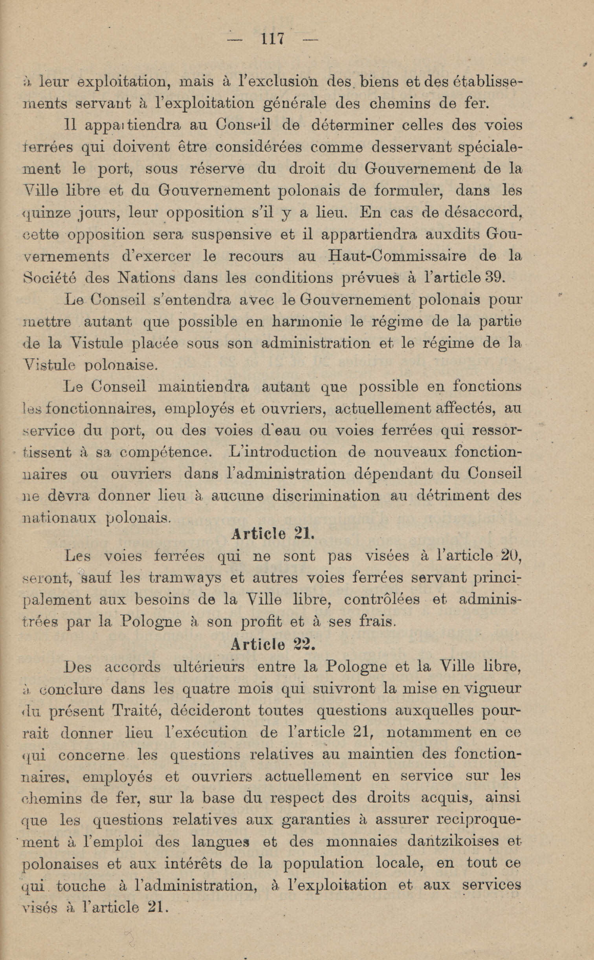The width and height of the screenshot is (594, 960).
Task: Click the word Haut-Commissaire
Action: (397, 256)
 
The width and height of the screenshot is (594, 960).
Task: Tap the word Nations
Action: (146, 278)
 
